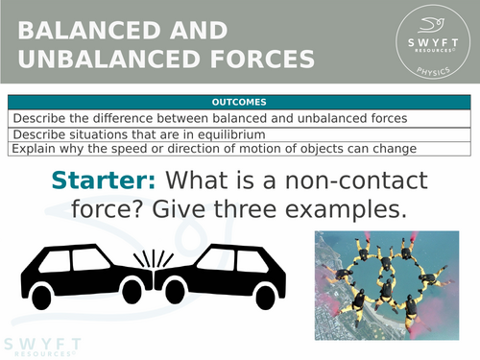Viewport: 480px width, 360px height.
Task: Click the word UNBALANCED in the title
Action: click(109, 60)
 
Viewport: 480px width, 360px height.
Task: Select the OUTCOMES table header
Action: click(240, 102)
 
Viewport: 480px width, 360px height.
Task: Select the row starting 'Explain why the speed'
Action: click(240, 148)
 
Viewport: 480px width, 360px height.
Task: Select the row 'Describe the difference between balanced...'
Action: click(240, 118)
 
